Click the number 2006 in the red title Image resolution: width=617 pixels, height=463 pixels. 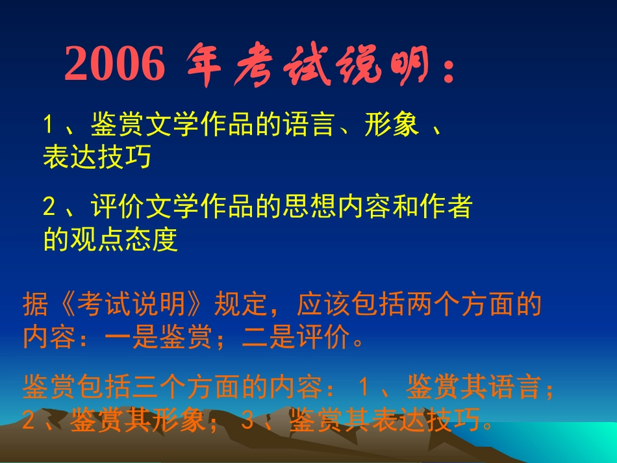tap(115, 65)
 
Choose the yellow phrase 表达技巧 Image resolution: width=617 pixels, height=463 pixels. tap(97, 157)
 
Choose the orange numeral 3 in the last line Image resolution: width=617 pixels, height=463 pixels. tap(247, 421)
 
